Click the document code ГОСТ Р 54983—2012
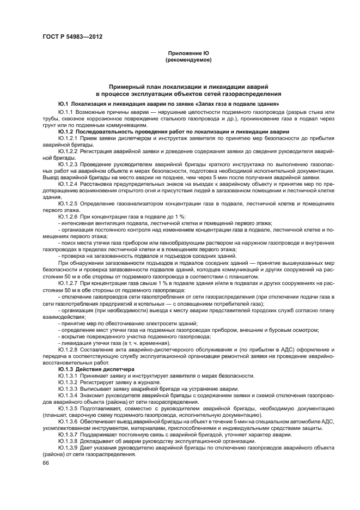pyautogui.click(x=72, y=37)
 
